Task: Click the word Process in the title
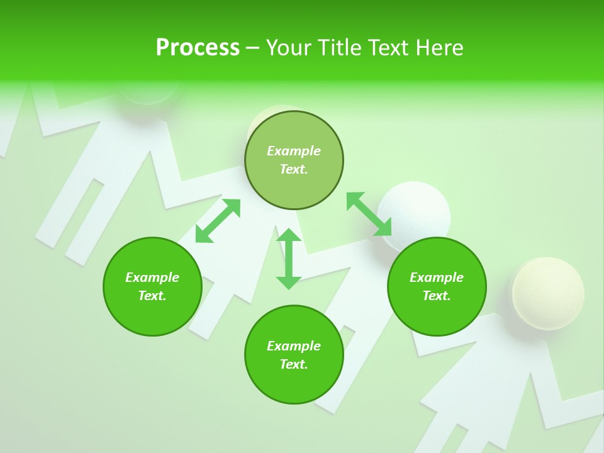coord(198,48)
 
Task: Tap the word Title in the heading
coord(340,48)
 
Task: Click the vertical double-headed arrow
coord(289,259)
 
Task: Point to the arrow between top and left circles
coord(218,221)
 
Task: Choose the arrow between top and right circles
coord(369,214)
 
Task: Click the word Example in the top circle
coord(294,151)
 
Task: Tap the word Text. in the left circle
coord(152,296)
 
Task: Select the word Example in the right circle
coord(437,277)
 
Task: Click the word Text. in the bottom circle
coord(294,364)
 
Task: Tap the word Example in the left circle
coord(152,277)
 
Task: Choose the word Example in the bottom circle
coord(294,346)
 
